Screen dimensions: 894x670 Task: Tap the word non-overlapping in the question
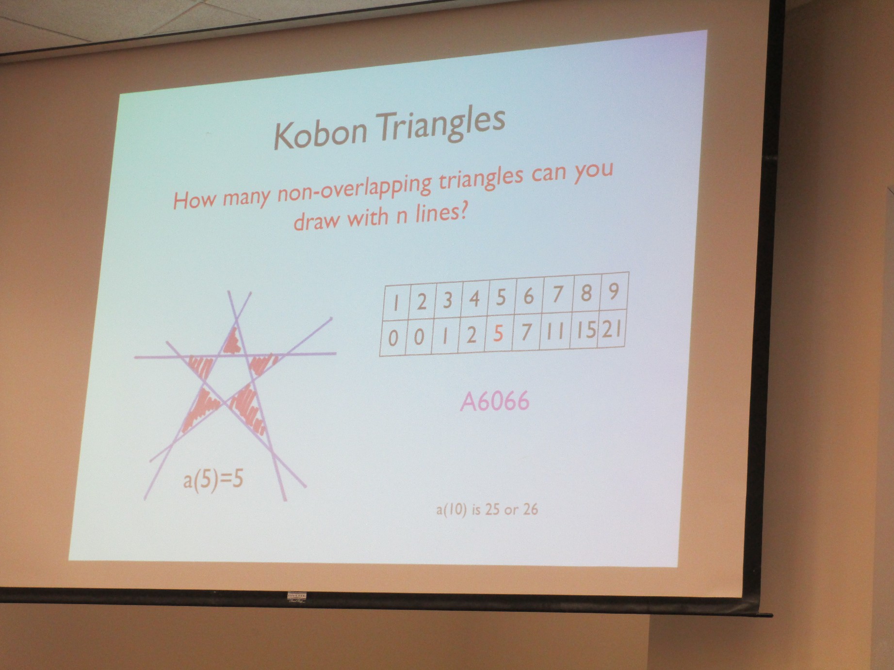click(x=354, y=190)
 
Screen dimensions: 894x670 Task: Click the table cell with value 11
click(x=556, y=333)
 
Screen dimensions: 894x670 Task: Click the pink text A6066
click(x=495, y=402)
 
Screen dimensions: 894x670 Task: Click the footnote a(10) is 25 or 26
click(x=487, y=510)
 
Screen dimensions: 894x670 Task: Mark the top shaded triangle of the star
click(x=232, y=342)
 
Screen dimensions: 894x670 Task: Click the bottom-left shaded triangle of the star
click(x=199, y=407)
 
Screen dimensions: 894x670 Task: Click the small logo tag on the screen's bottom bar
click(x=296, y=598)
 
